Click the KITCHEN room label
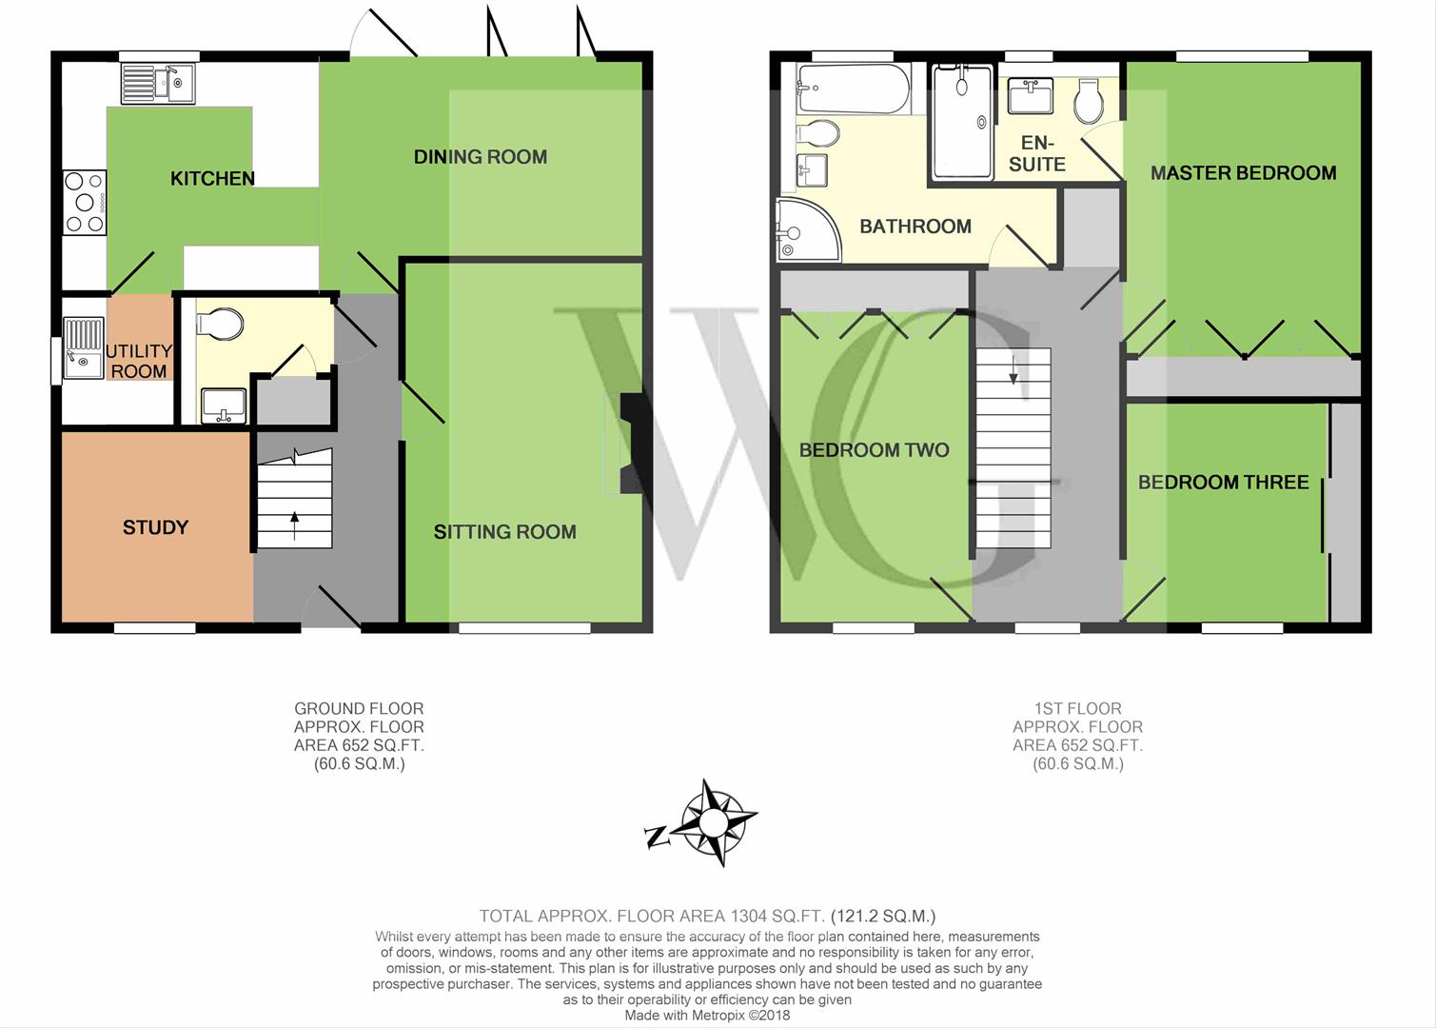click(x=212, y=178)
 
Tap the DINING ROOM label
click(x=481, y=156)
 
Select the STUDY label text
click(x=156, y=527)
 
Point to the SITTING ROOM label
click(x=504, y=532)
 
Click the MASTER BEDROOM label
click(x=1243, y=172)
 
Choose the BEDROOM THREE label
click(x=1223, y=483)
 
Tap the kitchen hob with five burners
click(x=85, y=203)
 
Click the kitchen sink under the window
click(x=158, y=84)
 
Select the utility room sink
click(x=84, y=348)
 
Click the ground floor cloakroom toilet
click(x=219, y=324)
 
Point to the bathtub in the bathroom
click(x=852, y=89)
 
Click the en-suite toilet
click(x=1089, y=101)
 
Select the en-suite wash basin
click(x=1031, y=95)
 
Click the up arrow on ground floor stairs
click(x=294, y=525)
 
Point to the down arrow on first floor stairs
click(x=1013, y=369)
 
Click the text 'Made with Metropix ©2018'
click(x=707, y=1016)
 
